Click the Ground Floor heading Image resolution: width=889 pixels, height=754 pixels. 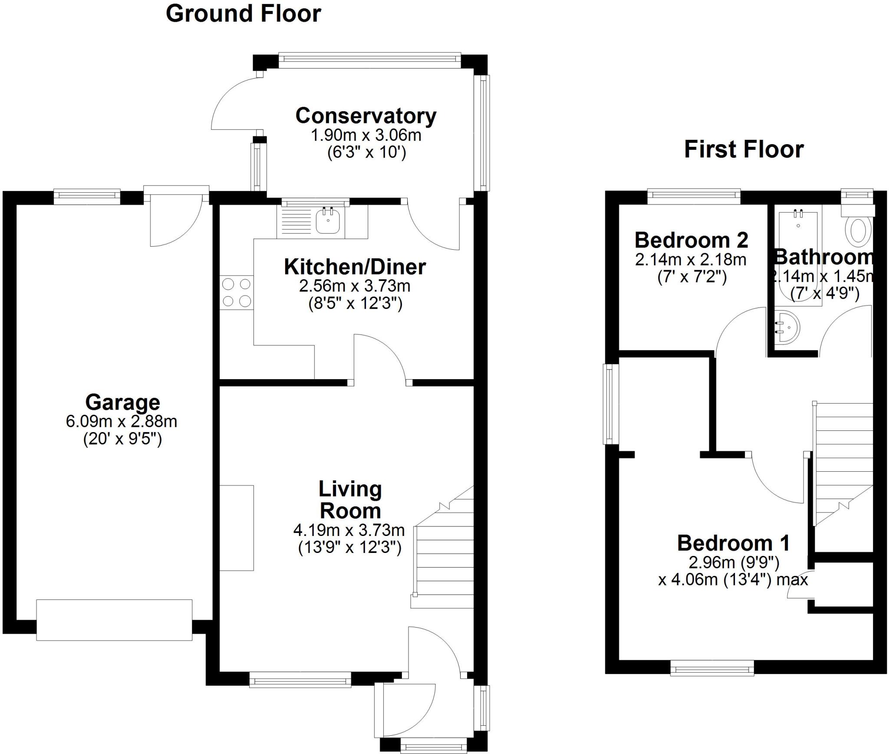pyautogui.click(x=244, y=14)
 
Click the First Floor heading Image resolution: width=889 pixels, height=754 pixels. pyautogui.click(x=744, y=149)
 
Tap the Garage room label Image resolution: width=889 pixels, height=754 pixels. pyautogui.click(x=123, y=402)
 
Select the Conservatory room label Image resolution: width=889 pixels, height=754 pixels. pyautogui.click(x=365, y=116)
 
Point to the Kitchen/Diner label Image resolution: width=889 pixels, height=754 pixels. pyautogui.click(x=355, y=267)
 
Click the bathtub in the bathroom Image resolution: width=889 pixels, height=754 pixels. pyautogui.click(x=798, y=259)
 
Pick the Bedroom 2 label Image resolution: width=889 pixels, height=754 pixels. pyautogui.click(x=691, y=240)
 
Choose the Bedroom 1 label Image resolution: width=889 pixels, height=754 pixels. pyautogui.click(x=733, y=543)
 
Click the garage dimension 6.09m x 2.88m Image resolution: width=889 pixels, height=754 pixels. pyautogui.click(x=122, y=421)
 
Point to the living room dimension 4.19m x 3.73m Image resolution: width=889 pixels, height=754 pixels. pyautogui.click(x=349, y=530)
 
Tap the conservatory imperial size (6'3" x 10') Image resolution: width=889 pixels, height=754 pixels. pyautogui.click(x=367, y=153)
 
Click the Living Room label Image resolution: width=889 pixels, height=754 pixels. pyautogui.click(x=350, y=500)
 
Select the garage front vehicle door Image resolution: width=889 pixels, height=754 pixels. pyautogui.click(x=114, y=620)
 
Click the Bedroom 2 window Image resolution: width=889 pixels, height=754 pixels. pyautogui.click(x=694, y=196)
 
